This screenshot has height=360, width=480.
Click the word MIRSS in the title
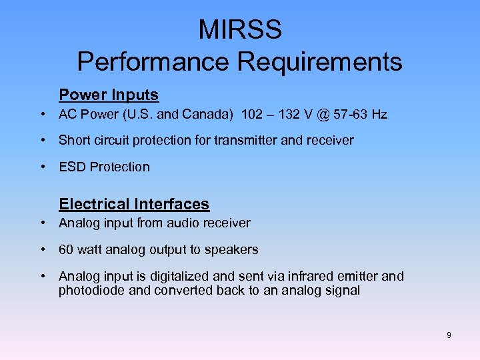coord(240,30)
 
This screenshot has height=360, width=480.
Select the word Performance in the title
coord(154,61)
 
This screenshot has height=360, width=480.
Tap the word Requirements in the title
coord(320,61)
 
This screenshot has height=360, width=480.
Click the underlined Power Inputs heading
coord(109,95)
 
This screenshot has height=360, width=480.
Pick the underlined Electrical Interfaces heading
coord(134,204)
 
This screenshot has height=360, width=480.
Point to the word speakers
coord(233,250)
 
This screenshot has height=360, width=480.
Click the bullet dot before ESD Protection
coord(43,167)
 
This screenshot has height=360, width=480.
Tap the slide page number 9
coord(449,335)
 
